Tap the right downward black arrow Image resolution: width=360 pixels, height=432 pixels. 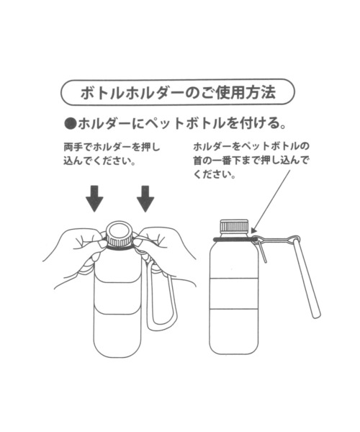146,199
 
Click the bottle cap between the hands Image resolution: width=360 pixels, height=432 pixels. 120,232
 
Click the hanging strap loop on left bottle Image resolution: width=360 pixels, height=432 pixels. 159,302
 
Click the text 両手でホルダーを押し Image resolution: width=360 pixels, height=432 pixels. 111,146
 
